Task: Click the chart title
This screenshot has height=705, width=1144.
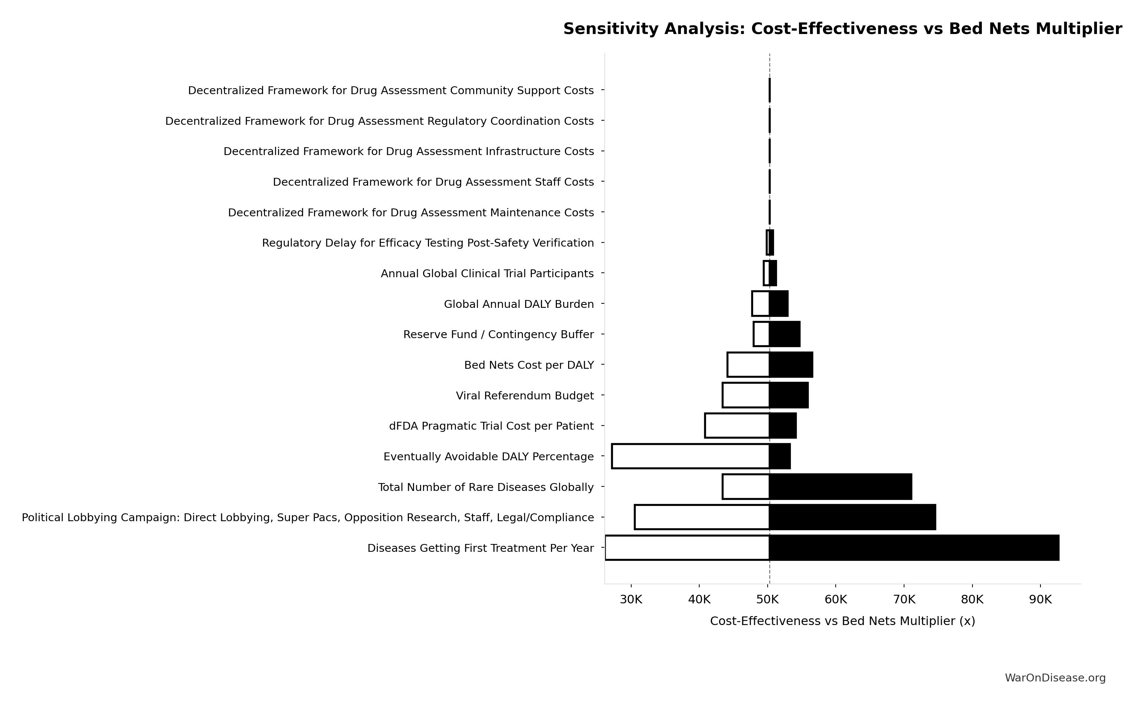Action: (842, 29)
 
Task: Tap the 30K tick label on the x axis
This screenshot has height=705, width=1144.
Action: (630, 600)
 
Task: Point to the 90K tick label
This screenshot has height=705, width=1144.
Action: (1040, 600)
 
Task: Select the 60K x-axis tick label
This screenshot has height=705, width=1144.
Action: (835, 600)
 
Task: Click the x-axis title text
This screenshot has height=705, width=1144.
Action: (842, 621)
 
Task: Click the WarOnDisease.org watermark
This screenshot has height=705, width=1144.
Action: (1055, 678)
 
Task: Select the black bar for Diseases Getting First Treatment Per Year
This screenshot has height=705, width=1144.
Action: (914, 548)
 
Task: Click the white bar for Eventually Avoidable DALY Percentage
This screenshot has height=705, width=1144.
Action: (690, 456)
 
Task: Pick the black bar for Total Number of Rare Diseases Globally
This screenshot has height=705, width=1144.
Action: (841, 487)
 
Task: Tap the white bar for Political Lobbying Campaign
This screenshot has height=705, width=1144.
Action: (702, 517)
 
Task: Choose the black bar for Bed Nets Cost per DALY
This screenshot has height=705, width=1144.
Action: (791, 365)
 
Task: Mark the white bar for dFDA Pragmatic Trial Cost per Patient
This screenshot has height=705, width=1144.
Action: (737, 426)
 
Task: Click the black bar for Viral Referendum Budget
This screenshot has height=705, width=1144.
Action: (789, 395)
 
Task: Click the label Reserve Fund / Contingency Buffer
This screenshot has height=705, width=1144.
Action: (498, 334)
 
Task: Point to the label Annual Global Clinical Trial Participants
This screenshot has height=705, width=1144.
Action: (487, 273)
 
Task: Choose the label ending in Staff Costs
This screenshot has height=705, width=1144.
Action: (433, 182)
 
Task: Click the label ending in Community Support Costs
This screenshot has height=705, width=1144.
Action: (391, 90)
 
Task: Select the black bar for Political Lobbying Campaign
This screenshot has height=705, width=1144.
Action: (852, 517)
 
